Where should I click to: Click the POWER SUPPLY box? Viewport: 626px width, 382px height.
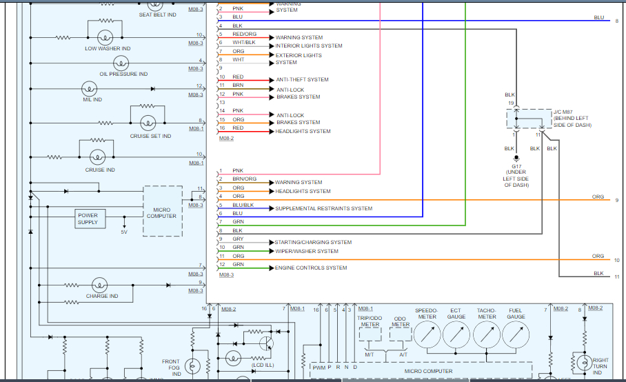click(88, 219)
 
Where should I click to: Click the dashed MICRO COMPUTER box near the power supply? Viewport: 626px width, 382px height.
click(162, 211)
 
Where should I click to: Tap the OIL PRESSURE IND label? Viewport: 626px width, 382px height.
click(123, 74)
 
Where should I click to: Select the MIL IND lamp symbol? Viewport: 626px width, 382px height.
click(88, 88)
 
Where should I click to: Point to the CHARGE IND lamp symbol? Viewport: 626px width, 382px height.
click(101, 285)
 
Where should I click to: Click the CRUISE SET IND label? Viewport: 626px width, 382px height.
click(150, 136)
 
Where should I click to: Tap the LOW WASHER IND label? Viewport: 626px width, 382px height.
click(107, 48)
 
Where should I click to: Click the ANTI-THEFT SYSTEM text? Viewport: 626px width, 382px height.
click(302, 79)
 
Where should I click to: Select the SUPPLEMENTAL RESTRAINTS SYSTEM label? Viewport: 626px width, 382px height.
click(323, 208)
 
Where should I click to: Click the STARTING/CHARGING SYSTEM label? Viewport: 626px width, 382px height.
click(313, 242)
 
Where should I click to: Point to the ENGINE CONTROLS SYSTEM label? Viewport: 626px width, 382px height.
click(311, 268)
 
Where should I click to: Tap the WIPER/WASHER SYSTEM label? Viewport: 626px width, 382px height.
click(307, 251)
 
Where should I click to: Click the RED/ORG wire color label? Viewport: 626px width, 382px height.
click(244, 34)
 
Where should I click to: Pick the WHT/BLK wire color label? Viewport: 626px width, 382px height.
click(243, 43)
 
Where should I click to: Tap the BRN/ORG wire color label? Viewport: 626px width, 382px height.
click(244, 179)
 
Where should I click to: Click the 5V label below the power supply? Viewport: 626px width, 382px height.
click(124, 232)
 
